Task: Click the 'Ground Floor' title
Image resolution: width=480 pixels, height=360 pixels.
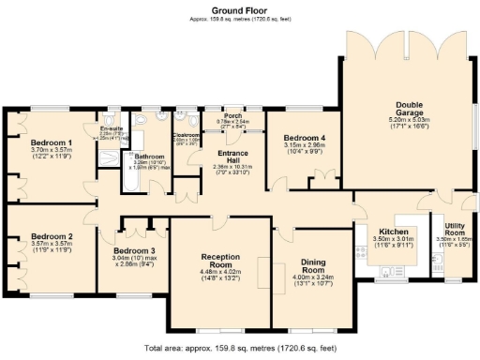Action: tap(239, 10)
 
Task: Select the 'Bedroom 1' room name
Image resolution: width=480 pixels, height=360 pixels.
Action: tap(52, 142)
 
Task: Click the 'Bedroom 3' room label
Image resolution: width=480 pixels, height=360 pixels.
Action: tap(132, 251)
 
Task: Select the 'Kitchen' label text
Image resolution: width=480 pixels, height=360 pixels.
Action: tap(393, 231)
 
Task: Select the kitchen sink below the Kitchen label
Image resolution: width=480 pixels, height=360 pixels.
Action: tap(385, 272)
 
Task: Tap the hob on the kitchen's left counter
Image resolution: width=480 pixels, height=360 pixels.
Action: tap(362, 250)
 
